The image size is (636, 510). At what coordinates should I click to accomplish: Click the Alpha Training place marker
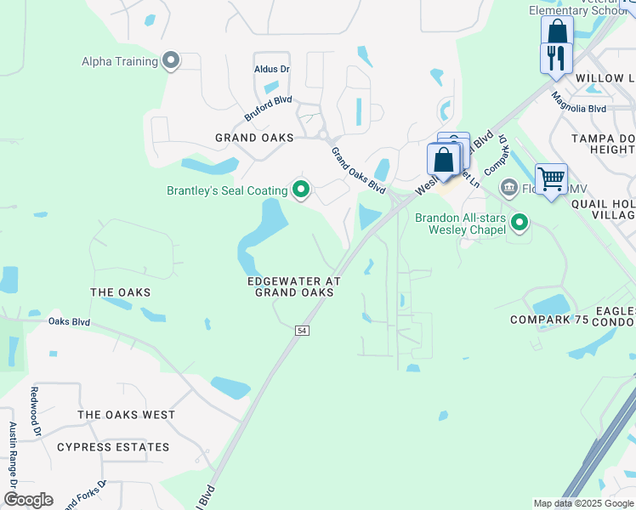(171, 60)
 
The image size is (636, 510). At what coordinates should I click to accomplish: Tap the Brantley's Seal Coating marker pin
(300, 190)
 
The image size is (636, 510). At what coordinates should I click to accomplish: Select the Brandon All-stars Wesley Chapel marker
(520, 224)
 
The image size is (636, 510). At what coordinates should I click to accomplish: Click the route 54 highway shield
(302, 330)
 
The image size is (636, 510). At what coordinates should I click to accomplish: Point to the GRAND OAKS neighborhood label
(254, 138)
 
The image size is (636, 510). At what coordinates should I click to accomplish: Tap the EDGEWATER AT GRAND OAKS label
(293, 286)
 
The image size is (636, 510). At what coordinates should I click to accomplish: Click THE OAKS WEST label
(126, 415)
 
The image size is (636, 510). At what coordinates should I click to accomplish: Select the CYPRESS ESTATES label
(113, 447)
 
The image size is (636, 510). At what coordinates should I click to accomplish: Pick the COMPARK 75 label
(549, 320)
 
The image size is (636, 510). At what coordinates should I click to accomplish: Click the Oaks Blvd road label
(69, 322)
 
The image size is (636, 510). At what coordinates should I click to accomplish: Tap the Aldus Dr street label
(272, 69)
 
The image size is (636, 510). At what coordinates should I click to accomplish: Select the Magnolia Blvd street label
(578, 109)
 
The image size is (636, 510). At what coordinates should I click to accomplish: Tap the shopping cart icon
(552, 179)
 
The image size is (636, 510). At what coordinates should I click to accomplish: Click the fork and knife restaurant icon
(555, 58)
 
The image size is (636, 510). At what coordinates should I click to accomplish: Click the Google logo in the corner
(28, 500)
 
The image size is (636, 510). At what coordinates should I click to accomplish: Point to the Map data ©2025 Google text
(582, 503)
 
